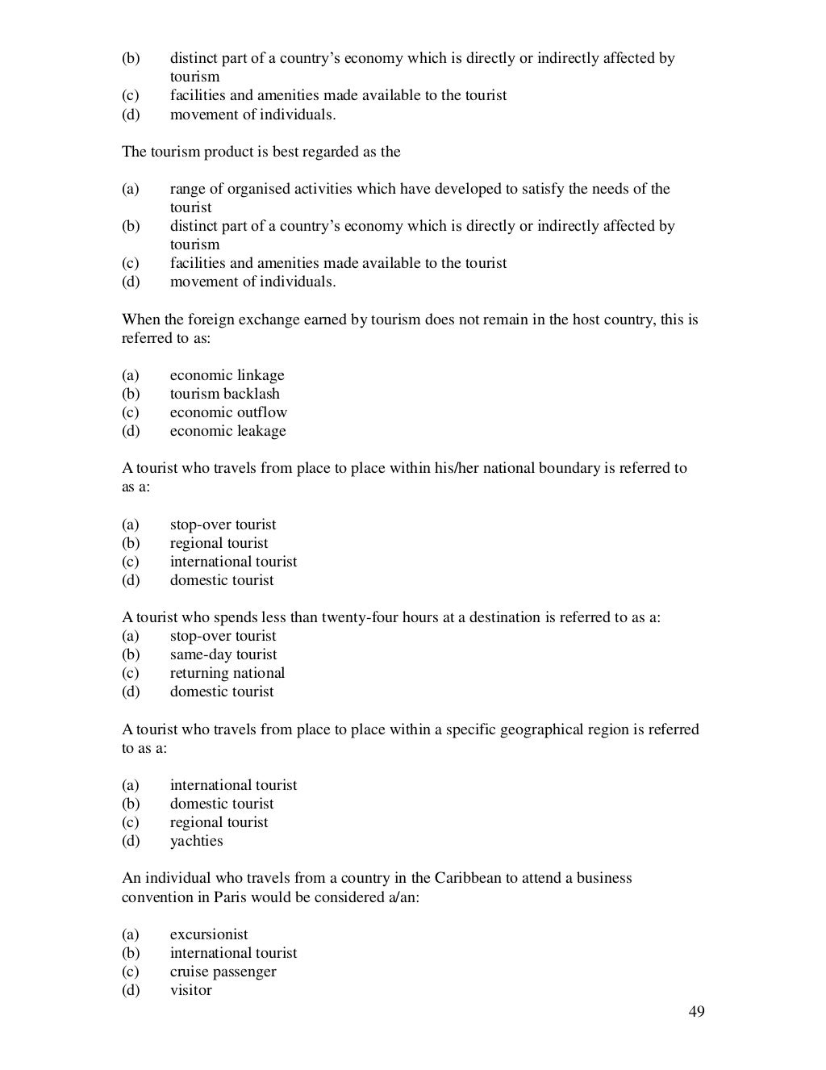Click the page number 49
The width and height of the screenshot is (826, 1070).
click(x=697, y=1012)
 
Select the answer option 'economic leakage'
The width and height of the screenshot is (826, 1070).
click(x=227, y=431)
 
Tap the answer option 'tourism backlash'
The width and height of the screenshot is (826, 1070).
click(x=224, y=394)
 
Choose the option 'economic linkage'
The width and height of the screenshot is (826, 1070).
click(x=227, y=375)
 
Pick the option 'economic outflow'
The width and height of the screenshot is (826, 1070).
click(x=228, y=412)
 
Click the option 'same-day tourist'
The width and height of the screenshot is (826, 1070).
click(x=223, y=654)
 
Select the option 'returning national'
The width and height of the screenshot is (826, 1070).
click(x=227, y=673)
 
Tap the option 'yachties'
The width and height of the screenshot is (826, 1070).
click(x=196, y=841)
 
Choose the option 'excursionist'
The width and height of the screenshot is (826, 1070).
click(x=209, y=934)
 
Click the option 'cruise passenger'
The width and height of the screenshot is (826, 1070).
click(x=223, y=972)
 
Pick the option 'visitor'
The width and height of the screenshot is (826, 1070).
click(x=190, y=990)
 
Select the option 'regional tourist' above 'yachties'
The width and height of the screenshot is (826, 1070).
click(x=219, y=822)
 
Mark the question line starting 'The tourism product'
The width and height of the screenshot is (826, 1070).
click(x=261, y=152)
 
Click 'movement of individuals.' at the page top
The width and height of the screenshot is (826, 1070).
click(x=252, y=115)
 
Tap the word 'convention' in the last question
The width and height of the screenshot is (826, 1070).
click(x=155, y=897)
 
